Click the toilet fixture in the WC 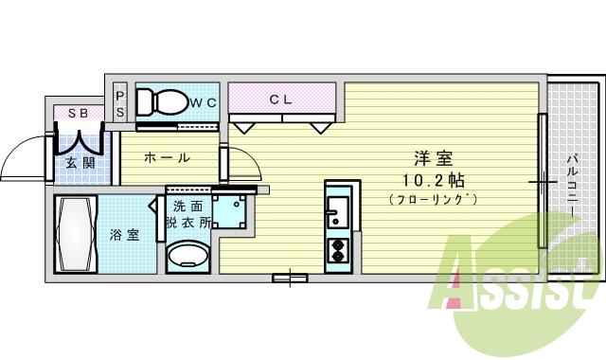163,100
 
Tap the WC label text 204,101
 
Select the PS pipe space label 120,102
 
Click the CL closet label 281,99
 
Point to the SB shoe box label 78,114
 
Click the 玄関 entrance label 80,163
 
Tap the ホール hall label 167,158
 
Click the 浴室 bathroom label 124,234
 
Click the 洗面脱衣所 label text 187,214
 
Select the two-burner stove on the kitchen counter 337,250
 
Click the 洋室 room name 430,158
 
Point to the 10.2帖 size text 431,179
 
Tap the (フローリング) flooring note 431,199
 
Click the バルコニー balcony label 573,180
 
